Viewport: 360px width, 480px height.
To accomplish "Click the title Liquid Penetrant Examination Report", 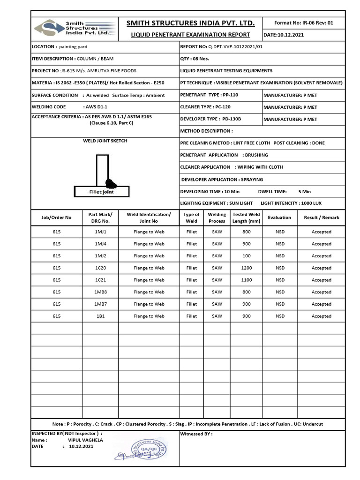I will pos(190,35).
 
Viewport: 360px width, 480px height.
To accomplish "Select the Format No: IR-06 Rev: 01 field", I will pos(303,22).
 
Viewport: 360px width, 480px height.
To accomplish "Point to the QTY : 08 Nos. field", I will pos(195,59).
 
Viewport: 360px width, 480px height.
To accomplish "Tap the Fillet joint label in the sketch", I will pos(101,192).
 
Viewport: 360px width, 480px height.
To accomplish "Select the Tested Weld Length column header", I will pos(246,217).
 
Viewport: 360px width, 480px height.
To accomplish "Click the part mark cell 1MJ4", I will pos(101,244).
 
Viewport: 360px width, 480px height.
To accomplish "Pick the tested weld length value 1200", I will pos(246,268).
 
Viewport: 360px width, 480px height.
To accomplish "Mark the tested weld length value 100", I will pos(246,256).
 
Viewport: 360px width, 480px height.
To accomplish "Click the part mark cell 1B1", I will pos(101,316).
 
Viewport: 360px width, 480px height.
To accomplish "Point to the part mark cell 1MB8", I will pos(101,292).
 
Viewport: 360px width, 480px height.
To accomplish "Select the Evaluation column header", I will pos(279,217).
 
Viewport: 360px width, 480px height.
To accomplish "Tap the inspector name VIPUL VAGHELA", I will pos(85,440).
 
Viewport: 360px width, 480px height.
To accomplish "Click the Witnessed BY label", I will pos(196,434).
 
